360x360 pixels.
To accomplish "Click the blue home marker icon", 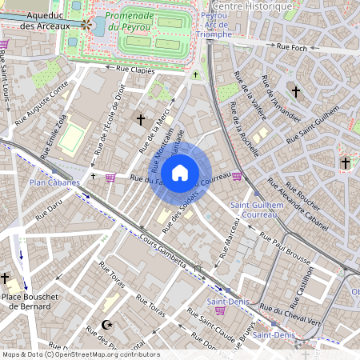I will tap(180, 173).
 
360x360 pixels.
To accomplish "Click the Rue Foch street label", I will tap(293, 47).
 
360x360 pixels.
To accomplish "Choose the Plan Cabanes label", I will tap(54, 182).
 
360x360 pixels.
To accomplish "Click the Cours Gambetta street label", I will tap(164, 252).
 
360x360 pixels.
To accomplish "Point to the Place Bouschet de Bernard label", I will tap(31, 301).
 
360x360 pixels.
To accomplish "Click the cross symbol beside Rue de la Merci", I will tap(141, 120).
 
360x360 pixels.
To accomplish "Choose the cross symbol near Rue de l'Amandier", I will tap(295, 92).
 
